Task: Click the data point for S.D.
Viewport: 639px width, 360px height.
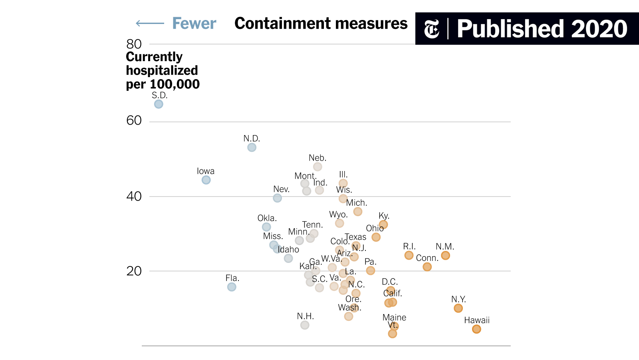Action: click(x=159, y=104)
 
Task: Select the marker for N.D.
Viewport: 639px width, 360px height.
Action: click(x=252, y=147)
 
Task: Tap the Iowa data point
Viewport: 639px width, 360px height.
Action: click(x=206, y=180)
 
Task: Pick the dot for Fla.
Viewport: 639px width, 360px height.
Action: click(x=232, y=287)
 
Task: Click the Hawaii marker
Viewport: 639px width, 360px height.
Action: click(x=476, y=329)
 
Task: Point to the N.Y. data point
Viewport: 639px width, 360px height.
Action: click(x=458, y=308)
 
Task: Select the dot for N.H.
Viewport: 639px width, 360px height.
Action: click(x=305, y=325)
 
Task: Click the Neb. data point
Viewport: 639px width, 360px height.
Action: click(x=318, y=167)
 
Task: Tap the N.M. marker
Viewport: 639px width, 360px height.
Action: click(x=445, y=256)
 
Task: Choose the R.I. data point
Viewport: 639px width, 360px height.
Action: click(x=409, y=255)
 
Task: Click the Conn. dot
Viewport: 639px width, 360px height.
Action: click(x=427, y=267)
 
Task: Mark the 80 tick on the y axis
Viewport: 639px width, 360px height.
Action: click(x=134, y=44)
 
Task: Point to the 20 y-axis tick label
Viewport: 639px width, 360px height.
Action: click(x=134, y=271)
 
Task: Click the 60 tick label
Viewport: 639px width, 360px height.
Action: click(x=134, y=121)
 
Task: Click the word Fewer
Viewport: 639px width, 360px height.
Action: click(x=194, y=24)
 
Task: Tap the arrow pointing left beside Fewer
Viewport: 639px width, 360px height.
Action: click(x=150, y=24)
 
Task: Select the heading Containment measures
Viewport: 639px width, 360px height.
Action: click(x=321, y=24)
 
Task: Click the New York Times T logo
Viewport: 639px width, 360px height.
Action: click(x=431, y=29)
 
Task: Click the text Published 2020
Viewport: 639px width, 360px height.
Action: click(x=542, y=29)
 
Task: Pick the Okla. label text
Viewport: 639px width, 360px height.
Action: click(x=267, y=218)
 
